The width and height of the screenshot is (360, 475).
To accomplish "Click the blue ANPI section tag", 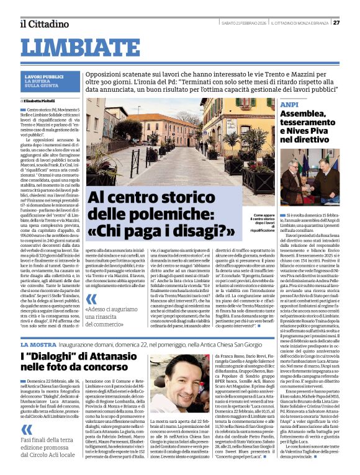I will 289,104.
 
